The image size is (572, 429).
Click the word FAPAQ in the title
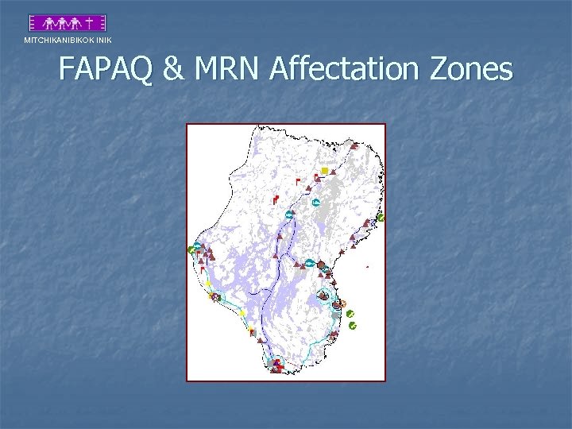click(x=106, y=70)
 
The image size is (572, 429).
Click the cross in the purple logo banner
click(x=93, y=23)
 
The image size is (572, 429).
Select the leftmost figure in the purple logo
click(x=49, y=23)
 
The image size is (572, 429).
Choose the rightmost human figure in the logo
click(x=79, y=23)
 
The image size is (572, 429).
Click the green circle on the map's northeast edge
click(x=381, y=217)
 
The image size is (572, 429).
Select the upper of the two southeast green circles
click(x=350, y=315)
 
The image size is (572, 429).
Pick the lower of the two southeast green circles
click(x=353, y=325)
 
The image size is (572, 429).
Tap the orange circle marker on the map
click(x=343, y=303)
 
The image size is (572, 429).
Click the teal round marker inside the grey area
click(x=316, y=203)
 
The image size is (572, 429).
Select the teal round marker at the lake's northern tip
click(x=289, y=214)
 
